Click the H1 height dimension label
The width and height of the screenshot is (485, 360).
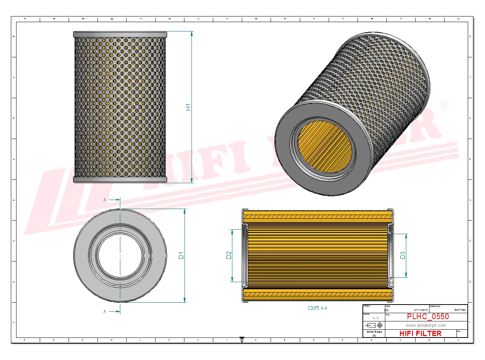pyautogui.click(x=188, y=107)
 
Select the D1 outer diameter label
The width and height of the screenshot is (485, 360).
pyautogui.click(x=181, y=255)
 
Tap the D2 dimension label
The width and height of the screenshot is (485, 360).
pyautogui.click(x=229, y=255)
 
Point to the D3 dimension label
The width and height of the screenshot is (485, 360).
pyautogui.click(x=403, y=255)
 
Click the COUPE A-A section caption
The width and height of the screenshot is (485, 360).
pyautogui.click(x=317, y=308)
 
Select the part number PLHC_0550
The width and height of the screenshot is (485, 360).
pyautogui.click(x=428, y=317)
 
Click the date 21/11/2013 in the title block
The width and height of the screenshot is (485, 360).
pyautogui.click(x=421, y=310)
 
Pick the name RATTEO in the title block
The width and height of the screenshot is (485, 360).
pyautogui.click(x=460, y=310)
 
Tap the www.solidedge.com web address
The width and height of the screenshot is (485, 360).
pyautogui.click(x=426, y=325)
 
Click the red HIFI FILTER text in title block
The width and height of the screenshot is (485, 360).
pyautogui.click(x=420, y=333)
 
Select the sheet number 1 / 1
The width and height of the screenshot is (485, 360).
pyautogui.click(x=376, y=318)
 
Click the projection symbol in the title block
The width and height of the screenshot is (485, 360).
pyautogui.click(x=374, y=325)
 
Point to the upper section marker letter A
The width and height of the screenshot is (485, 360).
pyautogui.click(x=105, y=200)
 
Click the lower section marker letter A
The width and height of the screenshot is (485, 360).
pyautogui.click(x=105, y=311)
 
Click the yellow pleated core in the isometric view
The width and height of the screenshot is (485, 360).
pyautogui.click(x=325, y=146)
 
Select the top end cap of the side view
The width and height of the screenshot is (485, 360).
pyautogui.click(x=120, y=34)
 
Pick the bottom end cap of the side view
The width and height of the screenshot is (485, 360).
pyautogui.click(x=120, y=180)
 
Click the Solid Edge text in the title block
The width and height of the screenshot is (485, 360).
pyautogui.click(x=374, y=332)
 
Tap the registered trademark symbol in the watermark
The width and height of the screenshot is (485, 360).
pyautogui.click(x=443, y=105)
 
